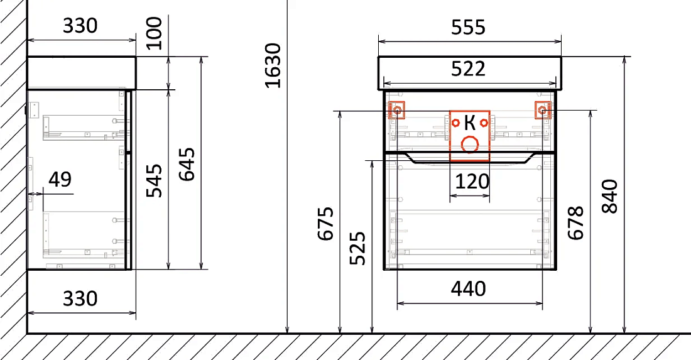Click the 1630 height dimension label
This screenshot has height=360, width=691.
click(x=273, y=65)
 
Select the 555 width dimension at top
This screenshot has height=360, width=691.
click(x=469, y=27)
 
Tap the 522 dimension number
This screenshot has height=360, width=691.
click(x=469, y=68)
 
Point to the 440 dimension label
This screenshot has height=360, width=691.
click(x=469, y=288)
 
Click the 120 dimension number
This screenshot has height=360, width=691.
click(x=472, y=181)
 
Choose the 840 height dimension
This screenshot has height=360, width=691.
click(x=610, y=196)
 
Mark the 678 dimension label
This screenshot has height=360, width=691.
click(x=575, y=222)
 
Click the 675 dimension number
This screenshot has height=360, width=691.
click(x=325, y=224)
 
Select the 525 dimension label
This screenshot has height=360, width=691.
click(x=357, y=248)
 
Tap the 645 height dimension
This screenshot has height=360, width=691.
click(x=187, y=164)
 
